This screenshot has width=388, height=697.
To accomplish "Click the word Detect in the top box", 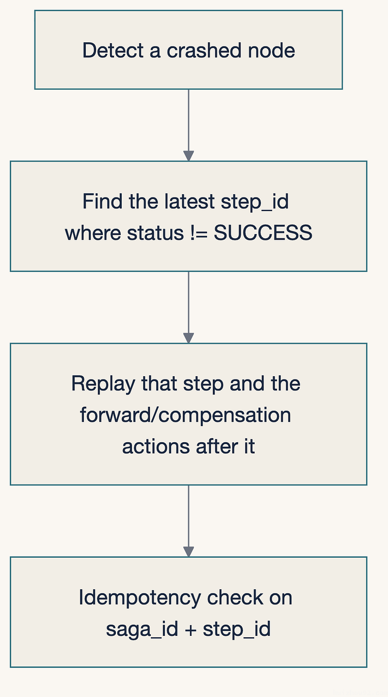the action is pyautogui.click(x=113, y=50).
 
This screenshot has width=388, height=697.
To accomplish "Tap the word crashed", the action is pyautogui.click(x=204, y=50).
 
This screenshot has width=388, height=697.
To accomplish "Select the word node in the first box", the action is pyautogui.click(x=272, y=50).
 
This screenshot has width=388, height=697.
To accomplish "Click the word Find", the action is pyautogui.click(x=102, y=201).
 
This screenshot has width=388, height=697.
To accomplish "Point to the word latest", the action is pyautogui.click(x=189, y=201).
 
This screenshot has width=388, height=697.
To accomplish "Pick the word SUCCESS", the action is pyautogui.click(x=263, y=233).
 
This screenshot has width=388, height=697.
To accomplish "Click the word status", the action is pyautogui.click(x=156, y=233).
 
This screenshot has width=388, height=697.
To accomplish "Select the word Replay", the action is pyautogui.click(x=103, y=383).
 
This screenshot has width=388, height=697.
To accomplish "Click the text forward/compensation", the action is pyautogui.click(x=186, y=415).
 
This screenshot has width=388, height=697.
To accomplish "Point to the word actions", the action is pyautogui.click(x=156, y=447).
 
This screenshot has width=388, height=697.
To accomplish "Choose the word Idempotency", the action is pyautogui.click(x=140, y=598).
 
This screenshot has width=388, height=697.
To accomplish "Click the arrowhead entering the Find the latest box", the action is pyautogui.click(x=189, y=156).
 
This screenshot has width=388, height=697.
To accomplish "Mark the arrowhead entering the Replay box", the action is pyautogui.click(x=189, y=338).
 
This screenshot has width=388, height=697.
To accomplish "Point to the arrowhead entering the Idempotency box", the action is pyautogui.click(x=189, y=552).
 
